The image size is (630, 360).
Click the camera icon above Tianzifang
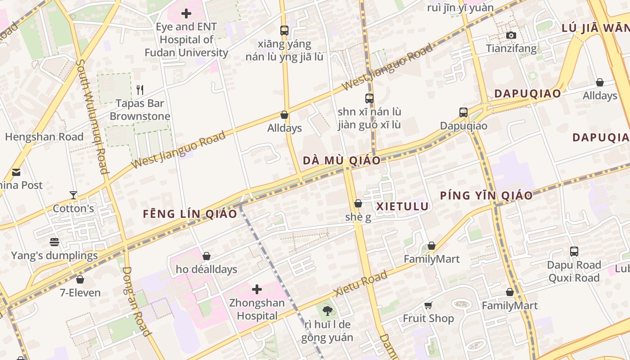[511, 35]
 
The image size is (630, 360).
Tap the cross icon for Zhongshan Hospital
[257, 289]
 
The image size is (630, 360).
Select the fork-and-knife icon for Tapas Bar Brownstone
[140, 90]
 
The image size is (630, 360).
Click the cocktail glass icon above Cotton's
[73, 195]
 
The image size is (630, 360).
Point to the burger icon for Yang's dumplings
[54, 242]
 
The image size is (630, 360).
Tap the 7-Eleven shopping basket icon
[80, 279]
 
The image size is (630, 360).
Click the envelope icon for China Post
[16, 172]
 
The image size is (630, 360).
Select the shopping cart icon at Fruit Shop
[428, 305]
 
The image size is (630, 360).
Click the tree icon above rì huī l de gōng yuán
[327, 310]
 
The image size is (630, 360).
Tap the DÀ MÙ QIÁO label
[342, 161]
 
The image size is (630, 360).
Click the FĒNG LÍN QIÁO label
[190, 214]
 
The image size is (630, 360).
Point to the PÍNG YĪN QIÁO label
[486, 195]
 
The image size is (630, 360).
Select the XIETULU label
[402, 206]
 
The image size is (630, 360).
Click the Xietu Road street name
[361, 284]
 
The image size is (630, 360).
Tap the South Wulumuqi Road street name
[92, 117]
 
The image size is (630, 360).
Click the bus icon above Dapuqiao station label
[463, 112]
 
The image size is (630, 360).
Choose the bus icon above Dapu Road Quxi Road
[574, 251]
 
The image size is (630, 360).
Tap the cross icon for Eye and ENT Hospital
[186, 13]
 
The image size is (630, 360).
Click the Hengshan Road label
[44, 137]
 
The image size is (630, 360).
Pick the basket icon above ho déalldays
[207, 256]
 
